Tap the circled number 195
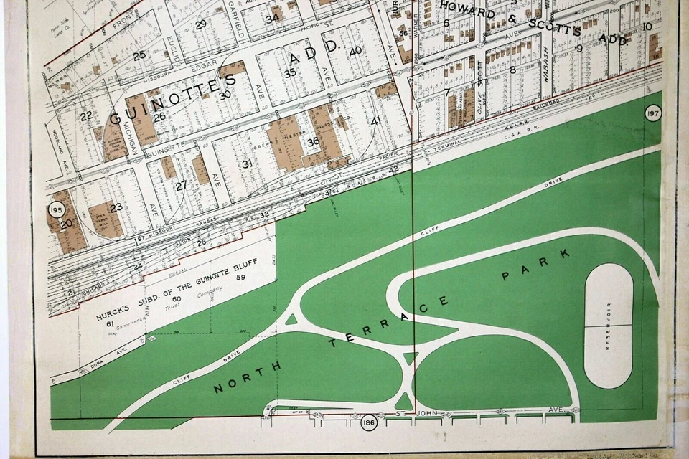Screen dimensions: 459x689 tap(57, 209)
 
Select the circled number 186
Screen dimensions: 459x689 tap(368, 421)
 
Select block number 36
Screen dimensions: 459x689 tap(313, 142)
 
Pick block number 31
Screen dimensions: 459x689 tap(248, 164)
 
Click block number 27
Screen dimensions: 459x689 tap(181, 185)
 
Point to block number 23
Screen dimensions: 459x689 tap(116, 207)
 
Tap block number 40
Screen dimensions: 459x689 tap(355, 51)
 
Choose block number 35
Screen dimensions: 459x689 tap(290, 73)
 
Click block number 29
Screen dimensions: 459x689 tap(201, 24)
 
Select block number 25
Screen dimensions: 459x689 tap(139, 55)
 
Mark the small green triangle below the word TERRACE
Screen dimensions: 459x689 tap(410, 357)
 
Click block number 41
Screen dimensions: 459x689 tap(375, 120)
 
